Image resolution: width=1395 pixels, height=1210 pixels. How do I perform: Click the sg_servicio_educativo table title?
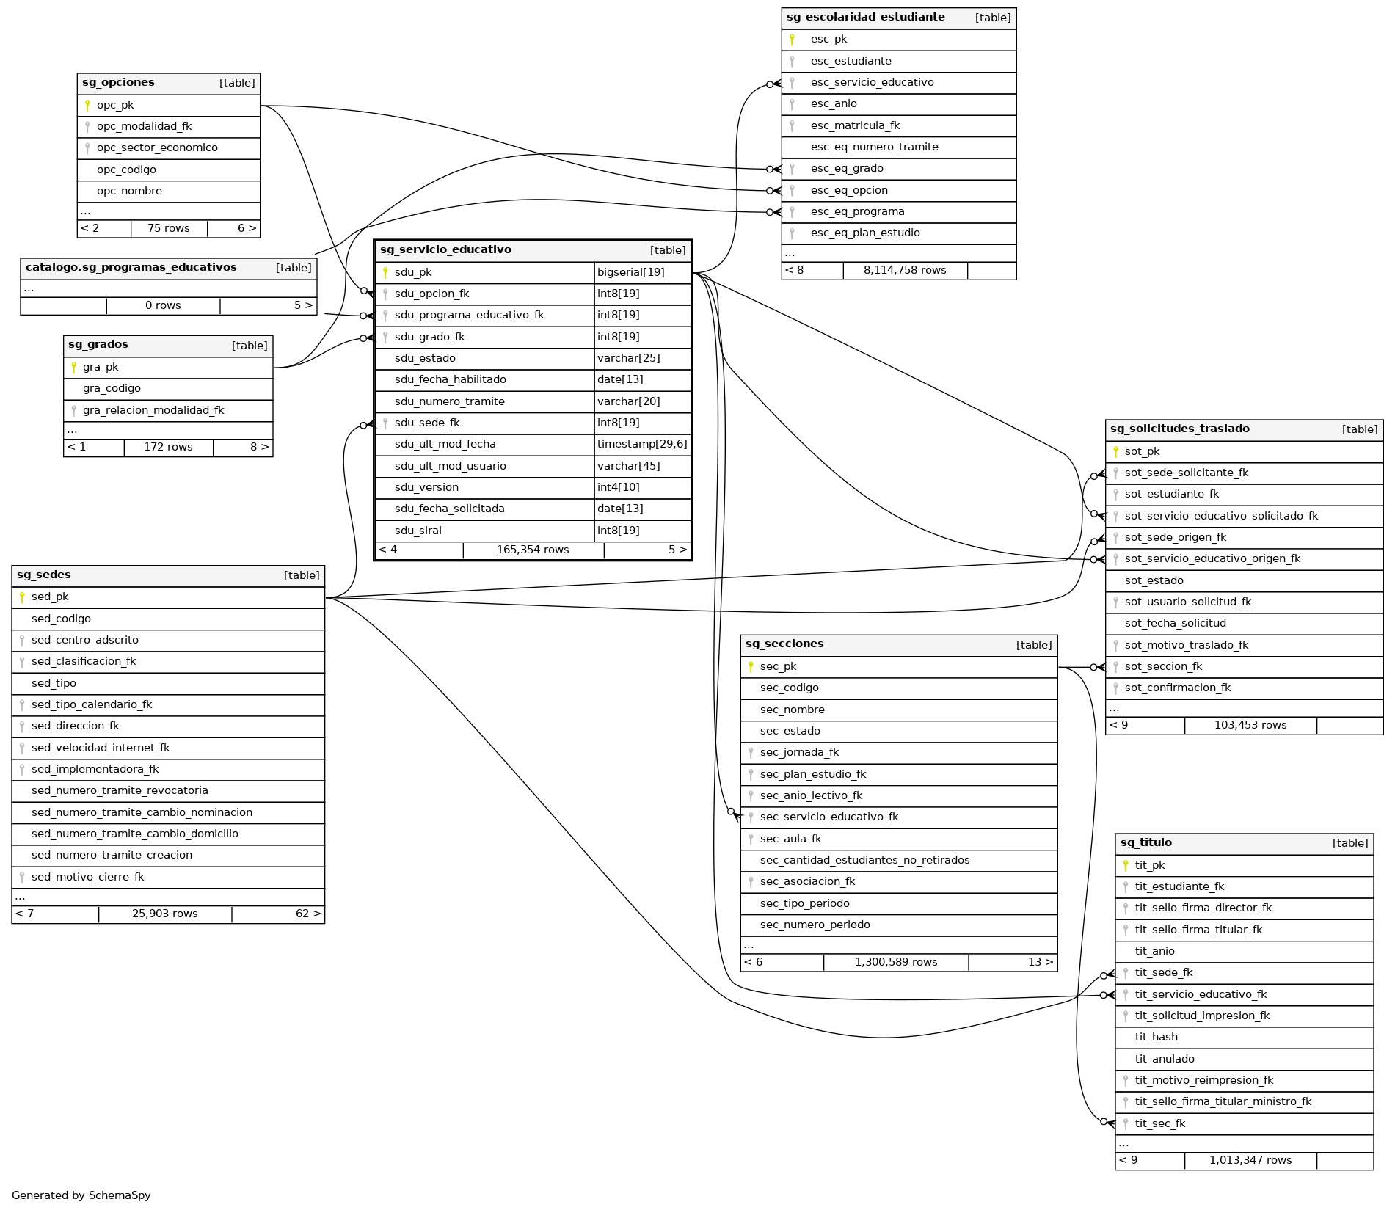tap(445, 250)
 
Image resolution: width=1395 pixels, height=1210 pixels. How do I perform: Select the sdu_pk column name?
tap(413, 273)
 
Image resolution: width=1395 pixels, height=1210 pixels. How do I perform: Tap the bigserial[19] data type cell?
tap(630, 273)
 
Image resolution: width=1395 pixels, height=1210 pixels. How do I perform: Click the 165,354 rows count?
tap(533, 550)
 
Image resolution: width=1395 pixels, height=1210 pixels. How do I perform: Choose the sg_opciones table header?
tap(118, 83)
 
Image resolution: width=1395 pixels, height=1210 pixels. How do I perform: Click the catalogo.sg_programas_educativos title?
tap(131, 268)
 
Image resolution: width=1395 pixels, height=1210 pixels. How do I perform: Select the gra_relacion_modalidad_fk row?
tap(153, 411)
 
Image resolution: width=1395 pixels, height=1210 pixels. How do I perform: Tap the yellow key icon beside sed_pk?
tap(22, 597)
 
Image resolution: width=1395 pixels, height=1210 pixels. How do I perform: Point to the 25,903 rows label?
tap(165, 914)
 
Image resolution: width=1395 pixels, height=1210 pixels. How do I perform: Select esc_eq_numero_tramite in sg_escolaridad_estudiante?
tap(874, 147)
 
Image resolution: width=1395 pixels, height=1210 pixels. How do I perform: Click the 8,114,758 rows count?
tap(905, 271)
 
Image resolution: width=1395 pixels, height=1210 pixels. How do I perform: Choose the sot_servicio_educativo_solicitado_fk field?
tap(1221, 517)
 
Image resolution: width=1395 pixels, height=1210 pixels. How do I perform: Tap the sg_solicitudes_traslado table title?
tap(1179, 429)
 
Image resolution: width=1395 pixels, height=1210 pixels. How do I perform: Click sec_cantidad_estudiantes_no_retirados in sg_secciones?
tap(864, 861)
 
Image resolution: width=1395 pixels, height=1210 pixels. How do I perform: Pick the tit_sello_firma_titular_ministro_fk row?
tap(1223, 1102)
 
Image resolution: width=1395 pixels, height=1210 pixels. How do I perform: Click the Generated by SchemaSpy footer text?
tap(81, 1195)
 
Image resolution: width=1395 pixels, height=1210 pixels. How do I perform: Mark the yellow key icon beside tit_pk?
tap(1126, 866)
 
